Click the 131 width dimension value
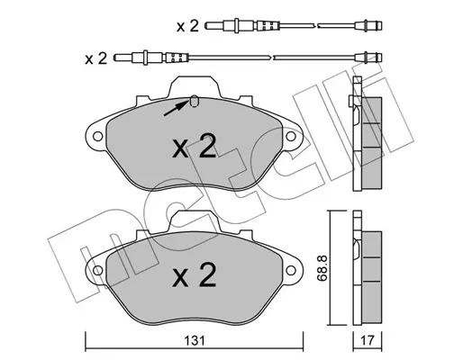195,341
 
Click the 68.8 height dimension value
322,268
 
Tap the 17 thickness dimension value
368,341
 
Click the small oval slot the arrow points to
195,102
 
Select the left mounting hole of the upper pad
97,137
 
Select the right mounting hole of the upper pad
291,137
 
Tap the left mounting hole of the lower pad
97,270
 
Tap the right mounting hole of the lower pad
291,270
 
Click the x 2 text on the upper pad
195,146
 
